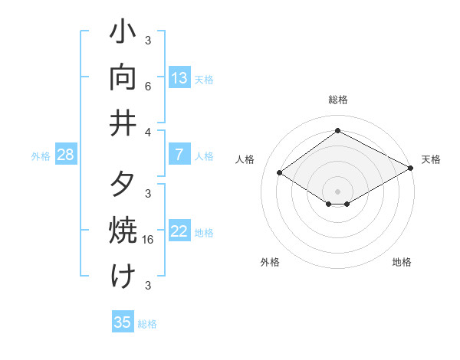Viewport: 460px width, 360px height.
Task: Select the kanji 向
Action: (x=123, y=77)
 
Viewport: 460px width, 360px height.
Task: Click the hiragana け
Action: (x=123, y=277)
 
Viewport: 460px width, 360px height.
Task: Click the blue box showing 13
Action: (x=179, y=78)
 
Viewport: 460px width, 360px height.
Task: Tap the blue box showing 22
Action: (x=179, y=232)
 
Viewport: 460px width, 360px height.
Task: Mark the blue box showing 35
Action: (x=123, y=322)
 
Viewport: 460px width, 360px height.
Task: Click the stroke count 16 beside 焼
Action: (x=149, y=240)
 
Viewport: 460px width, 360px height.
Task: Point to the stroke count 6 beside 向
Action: (x=148, y=86)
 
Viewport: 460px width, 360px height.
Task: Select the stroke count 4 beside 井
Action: (x=148, y=132)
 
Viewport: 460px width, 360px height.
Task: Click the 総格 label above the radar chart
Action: (x=338, y=100)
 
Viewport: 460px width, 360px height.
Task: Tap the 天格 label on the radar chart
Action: (x=431, y=159)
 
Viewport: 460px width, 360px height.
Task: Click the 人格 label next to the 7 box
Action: (x=204, y=156)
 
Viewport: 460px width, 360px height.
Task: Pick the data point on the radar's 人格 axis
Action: (x=280, y=173)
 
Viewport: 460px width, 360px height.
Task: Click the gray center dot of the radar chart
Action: (x=338, y=191)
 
